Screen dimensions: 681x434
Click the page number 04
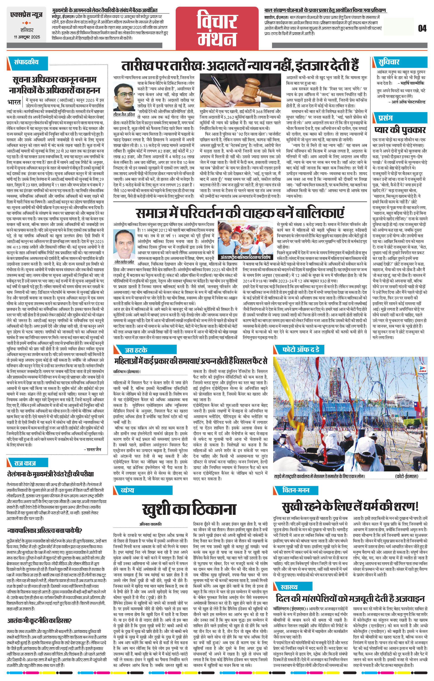[422, 28]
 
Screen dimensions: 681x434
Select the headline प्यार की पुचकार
[400, 130]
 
